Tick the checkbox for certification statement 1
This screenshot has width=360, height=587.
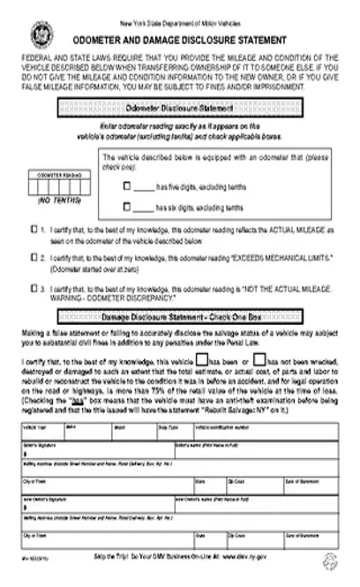[x=33, y=228]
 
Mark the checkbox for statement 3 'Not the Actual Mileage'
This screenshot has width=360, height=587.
[x=33, y=288]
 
